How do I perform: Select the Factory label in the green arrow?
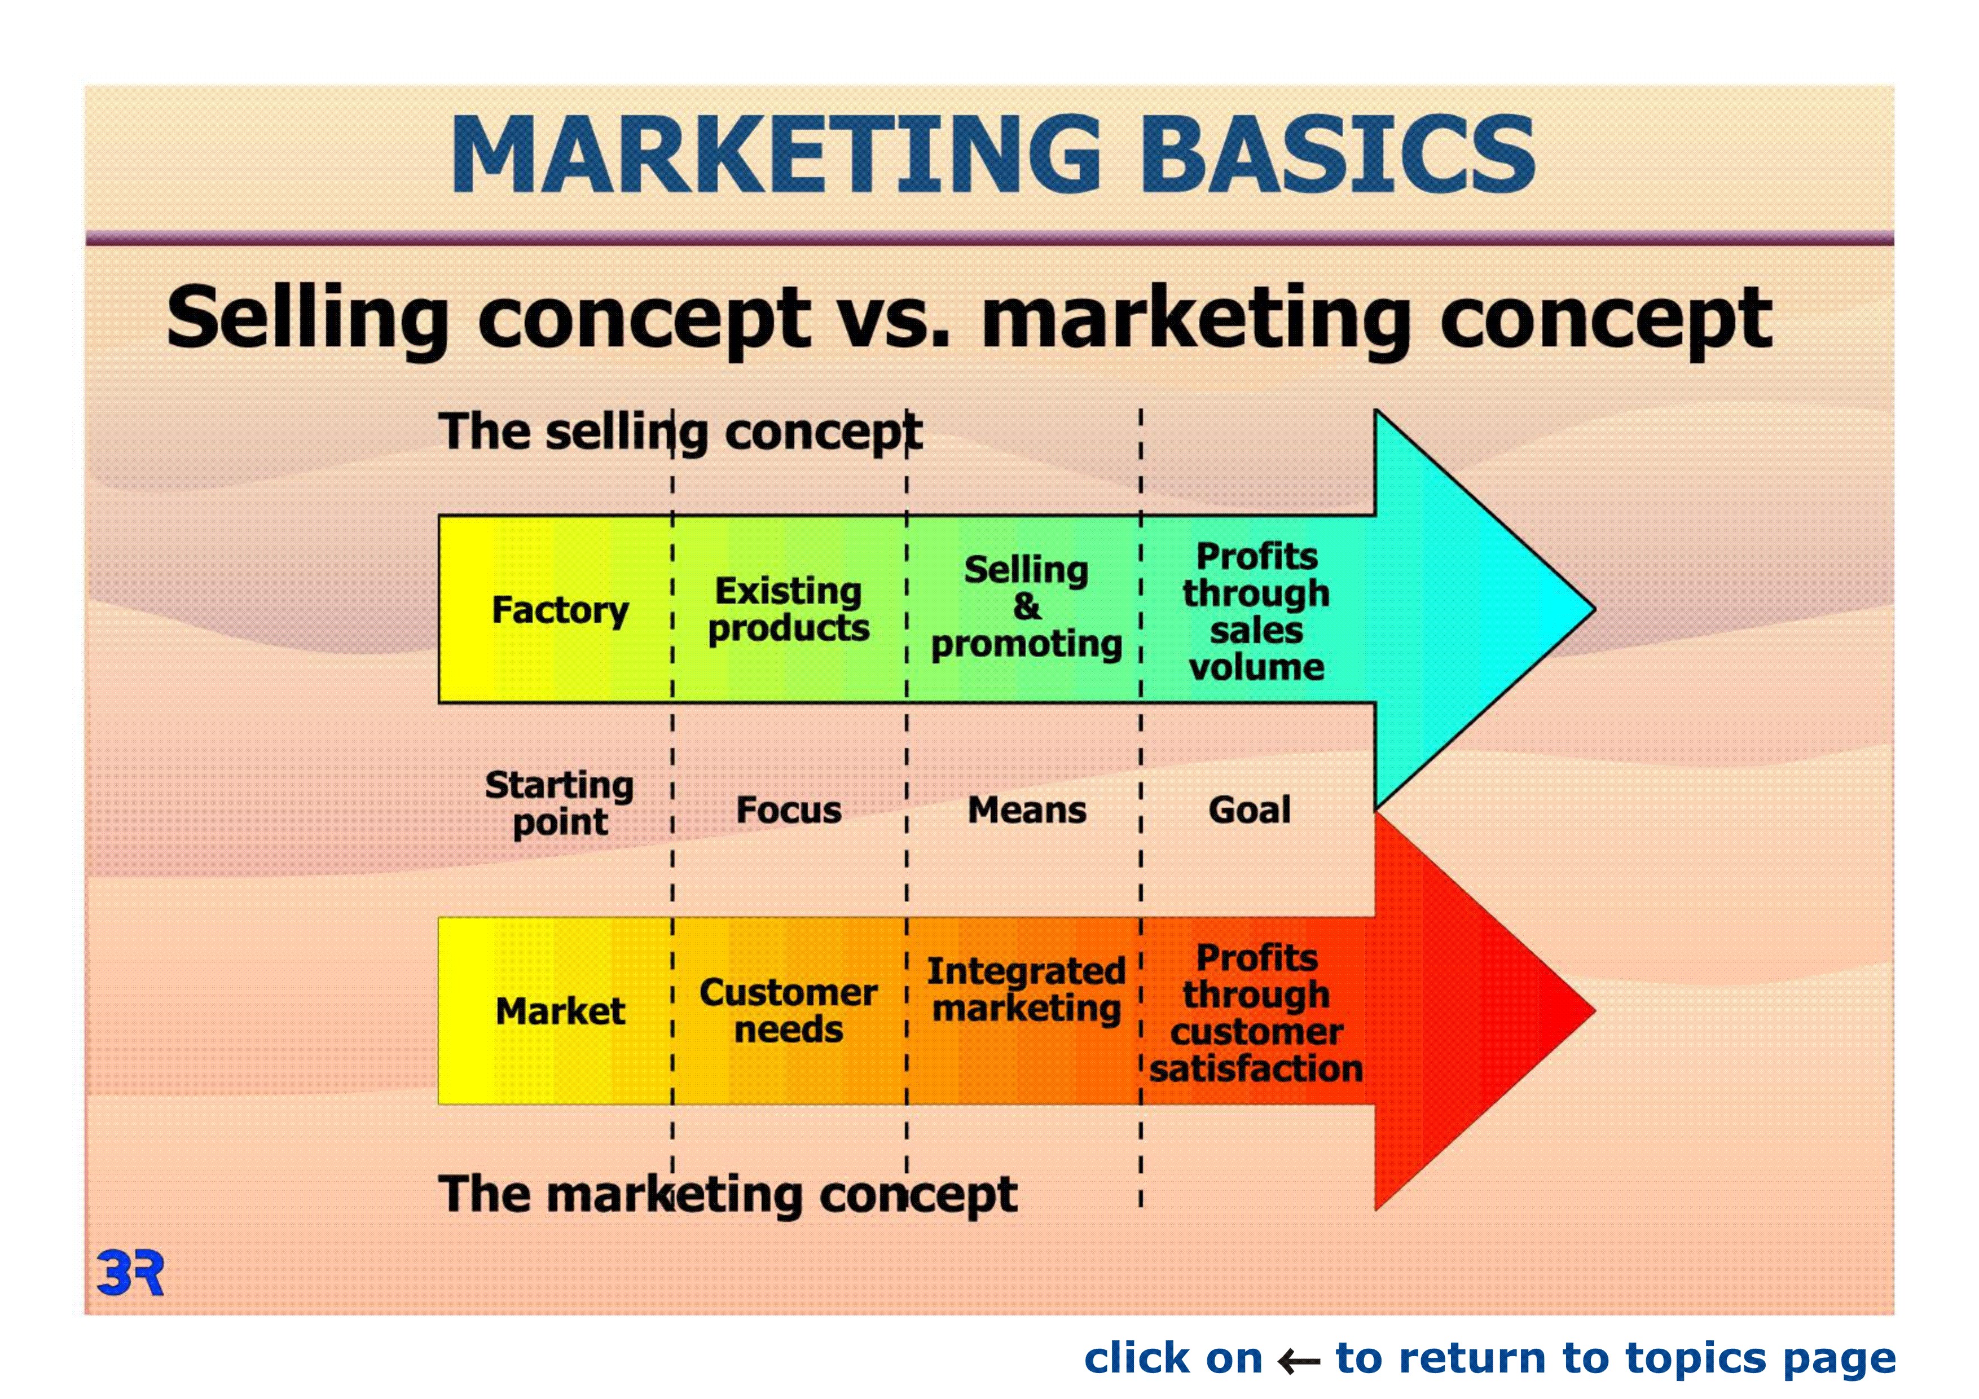(560, 611)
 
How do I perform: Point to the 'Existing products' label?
(789, 609)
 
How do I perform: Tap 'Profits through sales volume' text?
(1257, 611)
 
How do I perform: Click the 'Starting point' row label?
(560, 803)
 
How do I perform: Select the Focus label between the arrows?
(789, 810)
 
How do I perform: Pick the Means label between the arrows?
(1027, 810)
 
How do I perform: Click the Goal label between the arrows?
(1250, 810)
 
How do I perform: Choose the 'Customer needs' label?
(789, 1011)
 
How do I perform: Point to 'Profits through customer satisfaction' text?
(1257, 1013)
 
